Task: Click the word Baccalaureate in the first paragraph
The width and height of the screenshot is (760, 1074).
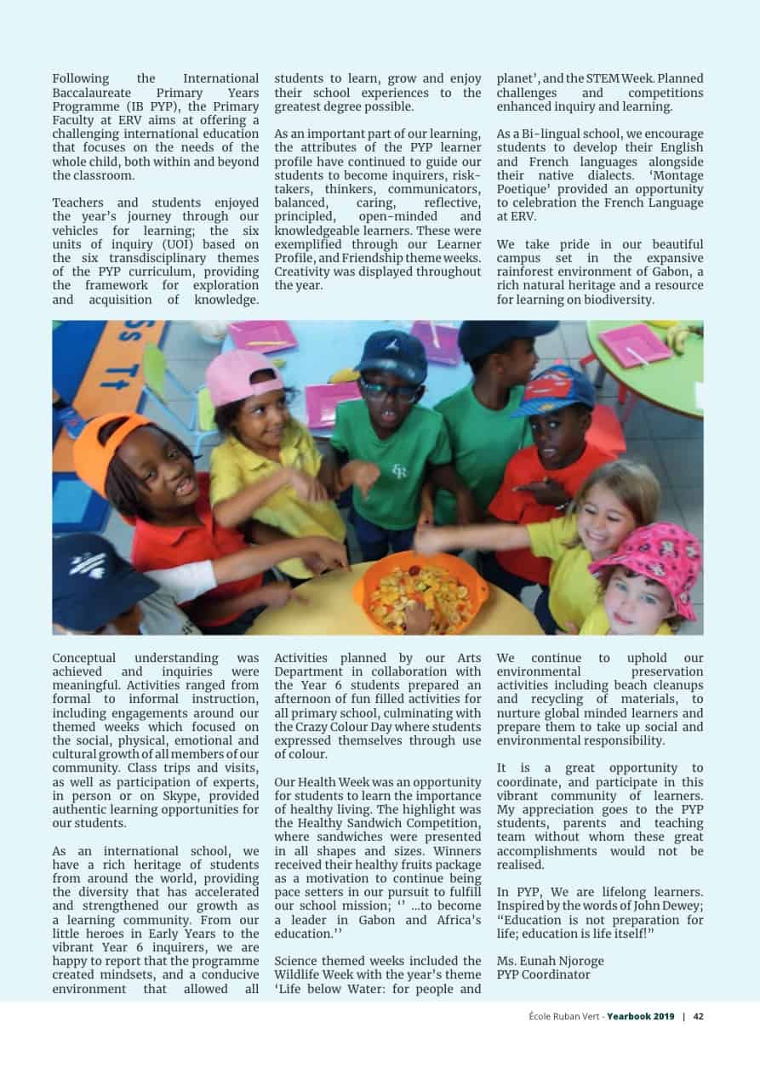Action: point(93,93)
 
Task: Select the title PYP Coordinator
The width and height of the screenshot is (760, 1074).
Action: point(543,974)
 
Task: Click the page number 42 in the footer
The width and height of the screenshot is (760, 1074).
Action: point(698,1016)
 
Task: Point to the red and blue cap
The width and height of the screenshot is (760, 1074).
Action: point(554,391)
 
